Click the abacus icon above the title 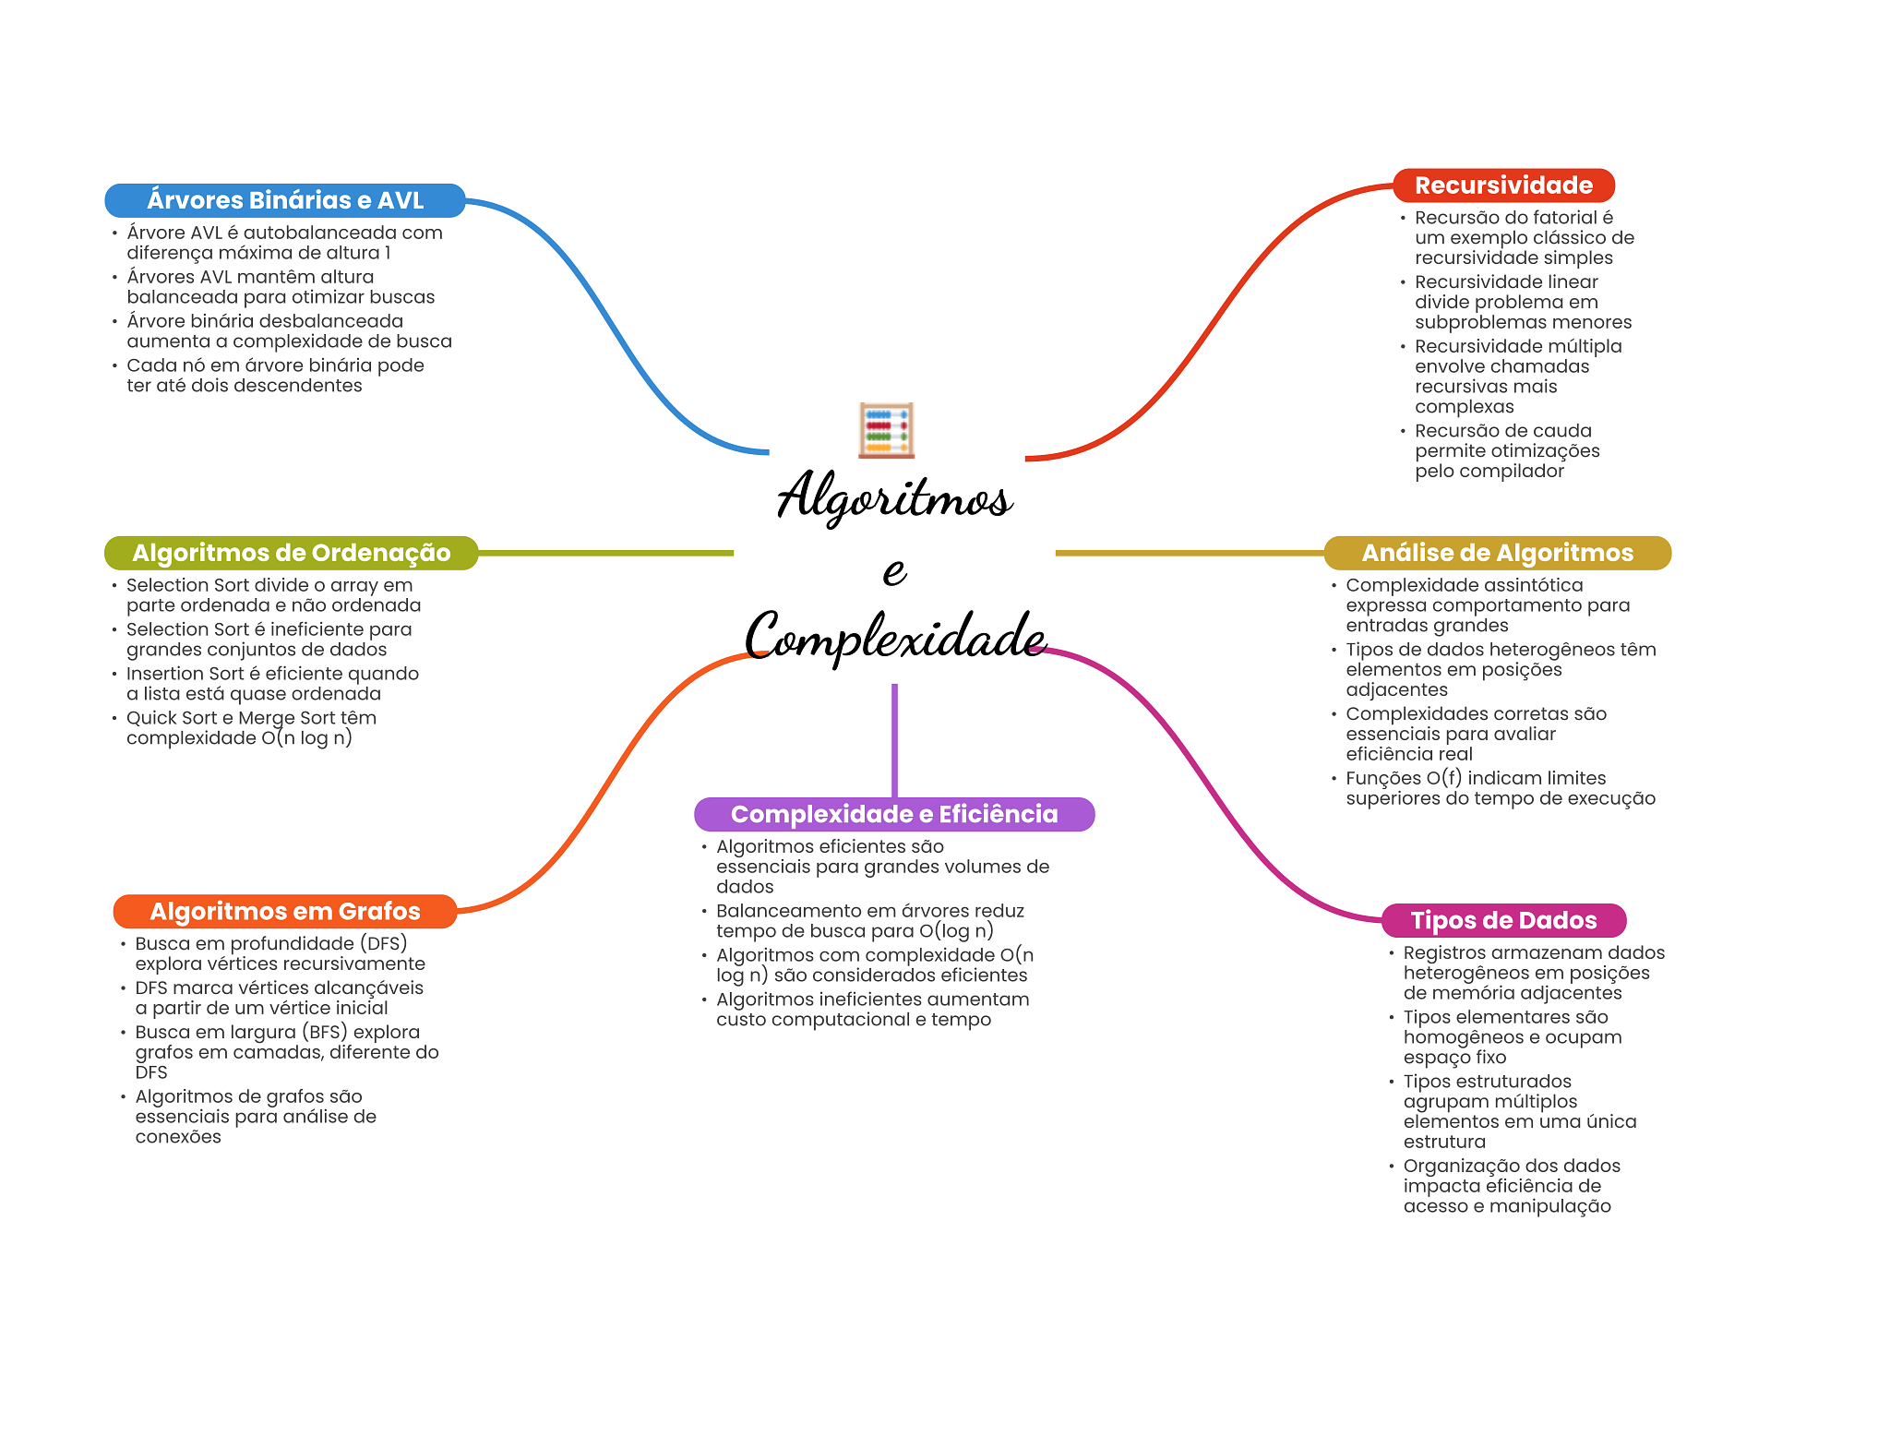click(x=886, y=429)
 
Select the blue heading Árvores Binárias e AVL click(x=285, y=200)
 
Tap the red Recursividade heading click(x=1503, y=185)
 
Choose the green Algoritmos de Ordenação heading click(x=291, y=553)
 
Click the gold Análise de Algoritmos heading click(x=1497, y=553)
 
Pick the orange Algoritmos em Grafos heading click(x=285, y=912)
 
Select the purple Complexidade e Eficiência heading click(x=894, y=814)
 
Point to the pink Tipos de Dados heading click(x=1503, y=920)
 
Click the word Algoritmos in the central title click(x=894, y=497)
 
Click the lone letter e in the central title click(x=894, y=570)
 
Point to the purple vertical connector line click(x=894, y=740)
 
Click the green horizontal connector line click(x=605, y=553)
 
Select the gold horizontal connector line click(x=1190, y=553)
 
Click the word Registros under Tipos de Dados click(x=1444, y=953)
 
